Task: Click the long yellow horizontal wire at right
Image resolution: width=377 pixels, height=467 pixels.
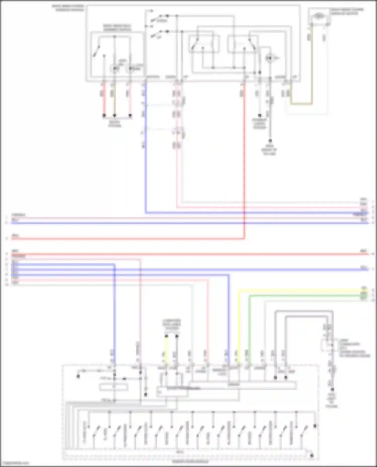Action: [x=302, y=291]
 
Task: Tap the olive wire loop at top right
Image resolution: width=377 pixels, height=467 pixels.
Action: [x=302, y=104]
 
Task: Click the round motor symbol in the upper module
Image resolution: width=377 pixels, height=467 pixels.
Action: [x=269, y=58]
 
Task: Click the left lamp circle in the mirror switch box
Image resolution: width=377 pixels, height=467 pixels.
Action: [x=114, y=68]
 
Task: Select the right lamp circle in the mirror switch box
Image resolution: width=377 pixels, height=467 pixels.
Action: [x=130, y=68]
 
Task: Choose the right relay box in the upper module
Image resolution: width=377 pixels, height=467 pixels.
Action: [x=243, y=44]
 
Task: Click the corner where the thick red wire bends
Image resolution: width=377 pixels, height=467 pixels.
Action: [x=244, y=238]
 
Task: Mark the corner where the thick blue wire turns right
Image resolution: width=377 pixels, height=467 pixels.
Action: [x=146, y=213]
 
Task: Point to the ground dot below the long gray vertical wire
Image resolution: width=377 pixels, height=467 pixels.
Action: [x=270, y=141]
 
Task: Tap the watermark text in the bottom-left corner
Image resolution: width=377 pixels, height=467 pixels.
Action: [x=15, y=463]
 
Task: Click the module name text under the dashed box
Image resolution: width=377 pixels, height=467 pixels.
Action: [x=190, y=461]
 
